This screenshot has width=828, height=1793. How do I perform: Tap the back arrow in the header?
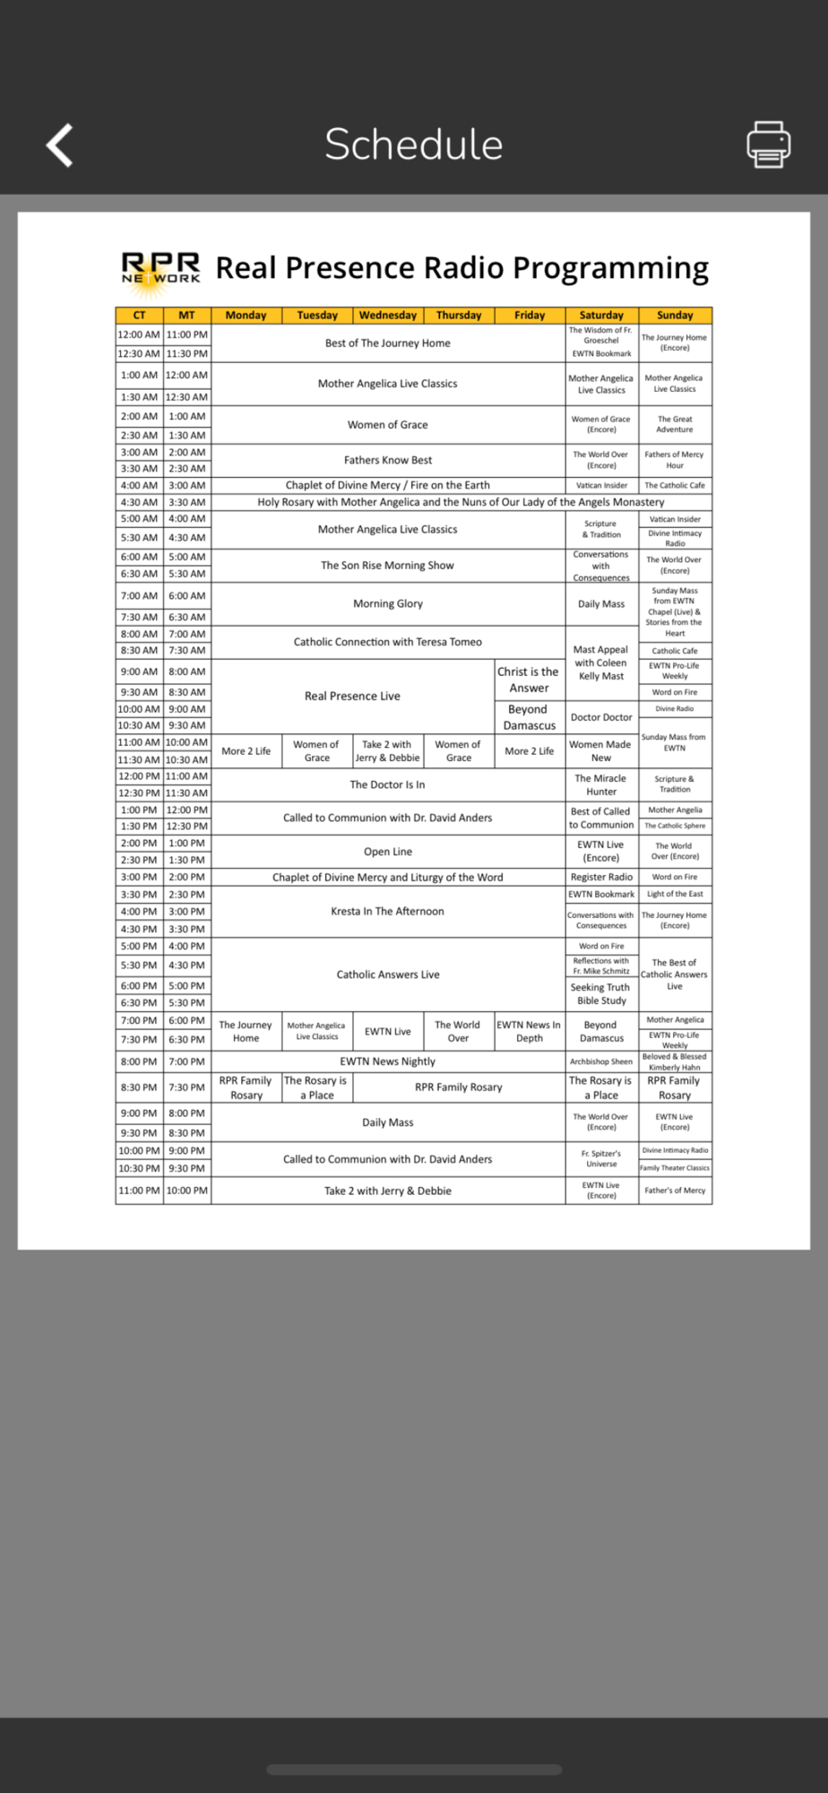pyautogui.click(x=60, y=145)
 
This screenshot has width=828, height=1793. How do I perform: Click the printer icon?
pyautogui.click(x=768, y=144)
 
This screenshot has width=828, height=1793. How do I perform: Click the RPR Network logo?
pyautogui.click(x=161, y=269)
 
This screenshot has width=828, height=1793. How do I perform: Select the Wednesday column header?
pyautogui.click(x=388, y=316)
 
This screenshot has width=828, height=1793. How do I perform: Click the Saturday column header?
pyautogui.click(x=601, y=316)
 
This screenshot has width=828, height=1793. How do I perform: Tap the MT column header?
pyautogui.click(x=186, y=316)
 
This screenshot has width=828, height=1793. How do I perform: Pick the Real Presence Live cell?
pyautogui.click(x=352, y=697)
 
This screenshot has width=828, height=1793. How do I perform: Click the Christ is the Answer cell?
pyautogui.click(x=529, y=680)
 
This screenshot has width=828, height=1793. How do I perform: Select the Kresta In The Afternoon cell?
pyautogui.click(x=387, y=912)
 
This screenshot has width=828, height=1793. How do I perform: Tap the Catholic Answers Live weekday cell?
pyautogui.click(x=387, y=974)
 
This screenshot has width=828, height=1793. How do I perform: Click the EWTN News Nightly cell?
pyautogui.click(x=387, y=1061)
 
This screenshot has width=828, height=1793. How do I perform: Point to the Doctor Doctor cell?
pyautogui.click(x=601, y=717)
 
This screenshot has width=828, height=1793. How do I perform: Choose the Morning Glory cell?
pyautogui.click(x=387, y=604)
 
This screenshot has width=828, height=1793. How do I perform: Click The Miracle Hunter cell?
pyautogui.click(x=601, y=785)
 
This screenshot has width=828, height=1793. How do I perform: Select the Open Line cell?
pyautogui.click(x=387, y=852)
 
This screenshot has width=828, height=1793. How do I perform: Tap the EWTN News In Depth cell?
pyautogui.click(x=529, y=1032)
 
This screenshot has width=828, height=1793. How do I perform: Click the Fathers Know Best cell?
pyautogui.click(x=387, y=461)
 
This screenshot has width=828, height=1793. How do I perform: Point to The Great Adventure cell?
pyautogui.click(x=675, y=424)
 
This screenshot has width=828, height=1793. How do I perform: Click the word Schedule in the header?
pyautogui.click(x=413, y=144)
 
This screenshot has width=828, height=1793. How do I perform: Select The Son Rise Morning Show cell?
pyautogui.click(x=387, y=566)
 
